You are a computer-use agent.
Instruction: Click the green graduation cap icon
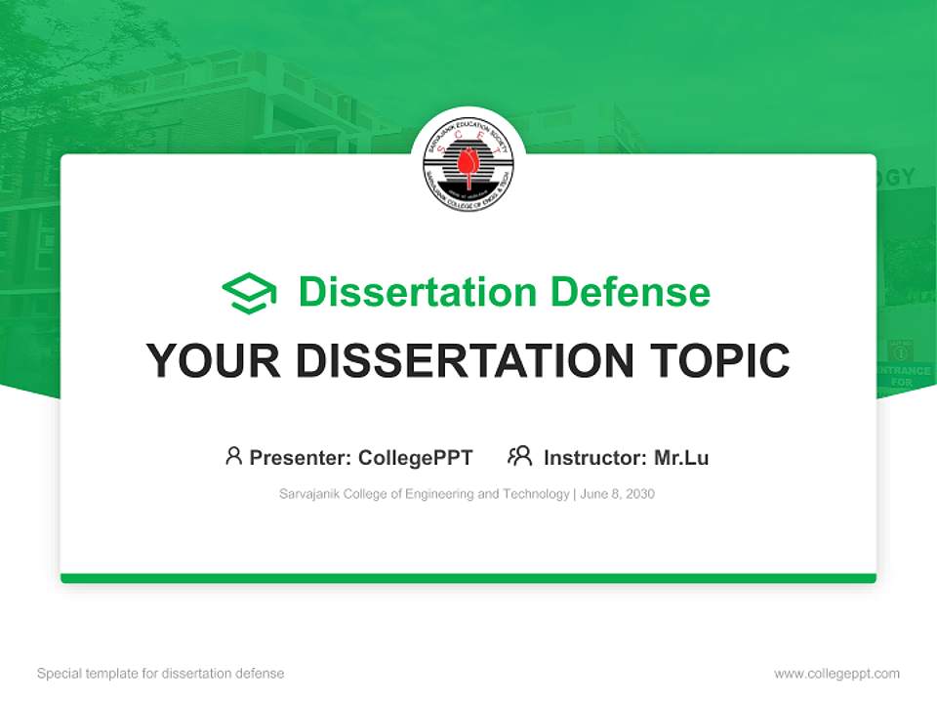[249, 293]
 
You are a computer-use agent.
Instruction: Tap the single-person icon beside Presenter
[233, 456]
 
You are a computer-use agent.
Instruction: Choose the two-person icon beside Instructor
[519, 456]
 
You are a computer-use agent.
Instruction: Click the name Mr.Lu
[681, 458]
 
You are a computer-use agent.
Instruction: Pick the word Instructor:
[595, 458]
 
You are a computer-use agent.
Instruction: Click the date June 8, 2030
[617, 494]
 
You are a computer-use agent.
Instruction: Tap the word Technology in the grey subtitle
[536, 494]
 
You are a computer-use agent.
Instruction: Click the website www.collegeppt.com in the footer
[836, 674]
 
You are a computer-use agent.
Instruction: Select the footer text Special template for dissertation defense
[161, 674]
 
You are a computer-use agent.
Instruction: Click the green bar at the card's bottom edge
[468, 578]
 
